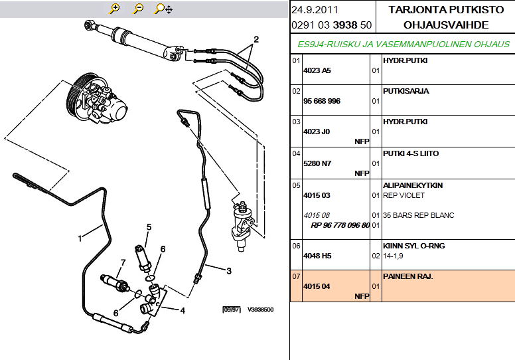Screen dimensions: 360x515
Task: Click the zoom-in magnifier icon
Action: click(115, 9)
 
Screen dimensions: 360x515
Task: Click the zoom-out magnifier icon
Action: click(138, 9)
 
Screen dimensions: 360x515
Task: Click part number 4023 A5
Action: click(317, 70)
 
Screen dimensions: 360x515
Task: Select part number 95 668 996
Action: click(321, 101)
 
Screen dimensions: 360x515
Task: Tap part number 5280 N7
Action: click(317, 163)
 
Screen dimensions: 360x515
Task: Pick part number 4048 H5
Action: click(317, 255)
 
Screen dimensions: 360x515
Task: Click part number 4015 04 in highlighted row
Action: click(317, 286)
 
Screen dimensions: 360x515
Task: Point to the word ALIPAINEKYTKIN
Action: click(413, 185)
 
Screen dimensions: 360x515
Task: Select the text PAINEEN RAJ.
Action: click(407, 276)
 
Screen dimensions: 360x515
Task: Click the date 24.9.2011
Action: click(313, 10)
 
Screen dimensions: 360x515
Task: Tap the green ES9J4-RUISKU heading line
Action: click(404, 44)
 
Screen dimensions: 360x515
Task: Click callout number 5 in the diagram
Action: click(149, 227)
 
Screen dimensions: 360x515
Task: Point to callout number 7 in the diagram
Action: click(123, 262)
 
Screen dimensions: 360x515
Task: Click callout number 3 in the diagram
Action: click(228, 270)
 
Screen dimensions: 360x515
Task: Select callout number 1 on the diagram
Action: click(80, 237)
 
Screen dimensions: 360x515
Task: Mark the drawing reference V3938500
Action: click(260, 310)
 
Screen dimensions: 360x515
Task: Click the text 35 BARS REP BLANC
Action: click(418, 215)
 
